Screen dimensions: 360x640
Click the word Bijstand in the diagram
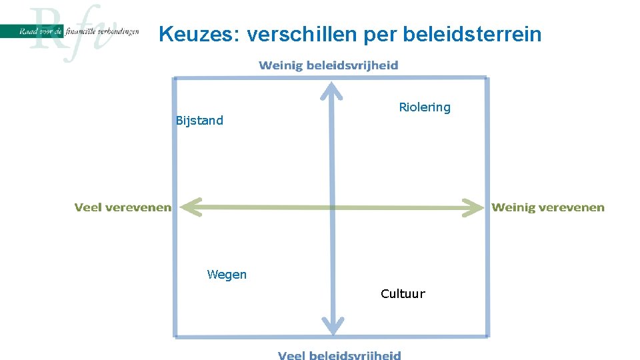click(199, 121)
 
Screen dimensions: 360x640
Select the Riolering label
click(425, 107)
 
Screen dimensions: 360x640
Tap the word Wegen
click(227, 275)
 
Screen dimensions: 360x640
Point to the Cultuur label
click(403, 294)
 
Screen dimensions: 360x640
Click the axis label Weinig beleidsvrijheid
click(329, 65)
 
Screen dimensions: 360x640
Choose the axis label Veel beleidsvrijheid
click(339, 355)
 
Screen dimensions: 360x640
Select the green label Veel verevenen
click(123, 207)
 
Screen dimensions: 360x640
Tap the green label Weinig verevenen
click(548, 207)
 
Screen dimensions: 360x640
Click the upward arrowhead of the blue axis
click(331, 89)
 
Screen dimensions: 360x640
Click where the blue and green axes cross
click(332, 207)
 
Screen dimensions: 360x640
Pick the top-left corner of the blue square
click(175, 79)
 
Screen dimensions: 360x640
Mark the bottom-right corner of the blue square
click(487, 336)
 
